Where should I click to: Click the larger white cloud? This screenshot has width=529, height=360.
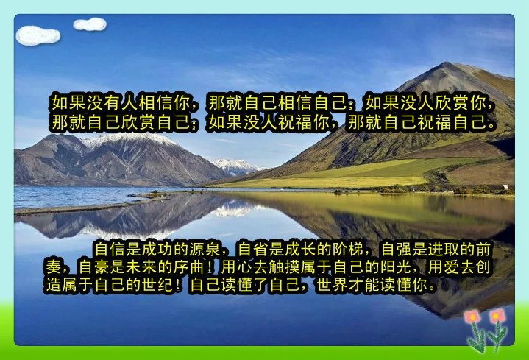(x=38, y=35)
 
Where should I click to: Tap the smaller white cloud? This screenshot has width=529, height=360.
(x=90, y=24)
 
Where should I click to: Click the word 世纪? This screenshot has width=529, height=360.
(x=157, y=285)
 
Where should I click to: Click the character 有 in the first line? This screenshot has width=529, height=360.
(x=113, y=102)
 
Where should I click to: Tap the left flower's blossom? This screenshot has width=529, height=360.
(x=472, y=317)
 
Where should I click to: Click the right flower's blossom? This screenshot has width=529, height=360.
(x=497, y=316)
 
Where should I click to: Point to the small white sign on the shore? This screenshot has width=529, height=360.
(x=505, y=187)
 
